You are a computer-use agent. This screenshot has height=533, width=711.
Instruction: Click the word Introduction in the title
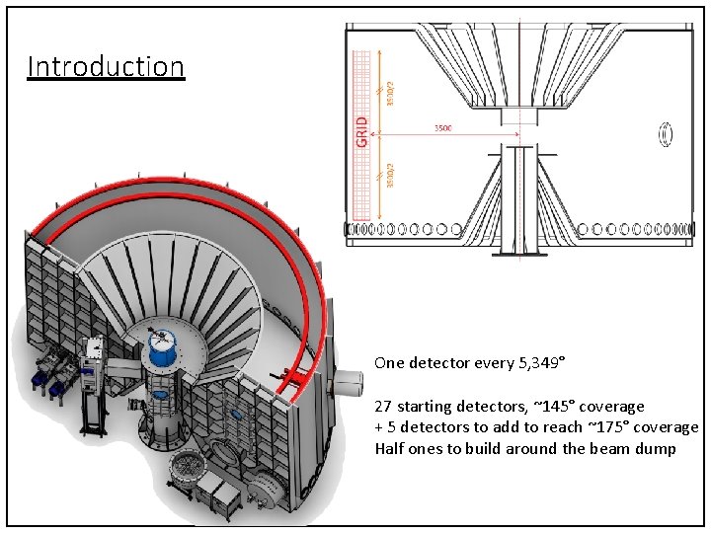(x=106, y=67)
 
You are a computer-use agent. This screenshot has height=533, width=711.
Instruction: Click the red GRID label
(x=362, y=132)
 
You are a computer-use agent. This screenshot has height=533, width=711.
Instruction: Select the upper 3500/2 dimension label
(x=390, y=93)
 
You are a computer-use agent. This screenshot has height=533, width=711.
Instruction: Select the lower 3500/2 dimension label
(x=390, y=174)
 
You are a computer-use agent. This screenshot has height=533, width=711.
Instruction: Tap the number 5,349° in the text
(x=541, y=363)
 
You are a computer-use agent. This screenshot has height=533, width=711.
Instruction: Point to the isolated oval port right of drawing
(x=667, y=132)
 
